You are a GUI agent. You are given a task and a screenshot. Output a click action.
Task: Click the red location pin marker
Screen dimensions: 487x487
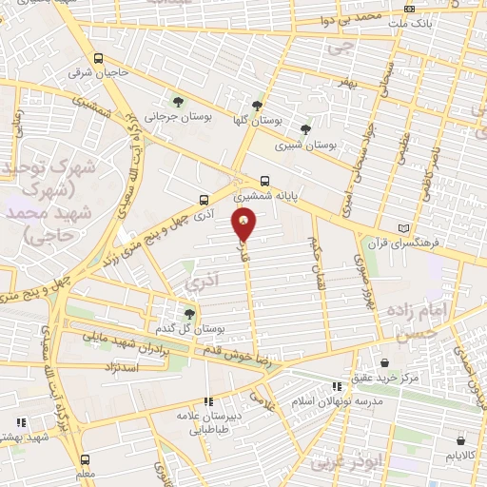pyautogui.click(x=244, y=224)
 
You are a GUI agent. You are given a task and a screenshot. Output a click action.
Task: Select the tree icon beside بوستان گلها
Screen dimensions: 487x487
pyautogui.click(x=257, y=106)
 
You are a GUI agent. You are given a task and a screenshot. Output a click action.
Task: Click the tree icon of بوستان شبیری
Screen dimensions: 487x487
pyautogui.click(x=304, y=130)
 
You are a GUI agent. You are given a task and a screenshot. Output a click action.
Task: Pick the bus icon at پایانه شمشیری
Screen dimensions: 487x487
pyautogui.click(x=265, y=180)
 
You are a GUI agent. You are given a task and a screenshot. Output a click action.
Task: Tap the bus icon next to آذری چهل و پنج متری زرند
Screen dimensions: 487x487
pyautogui.click(x=205, y=200)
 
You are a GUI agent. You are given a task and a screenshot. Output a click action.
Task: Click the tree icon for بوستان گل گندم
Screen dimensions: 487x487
pyautogui.click(x=189, y=313)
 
